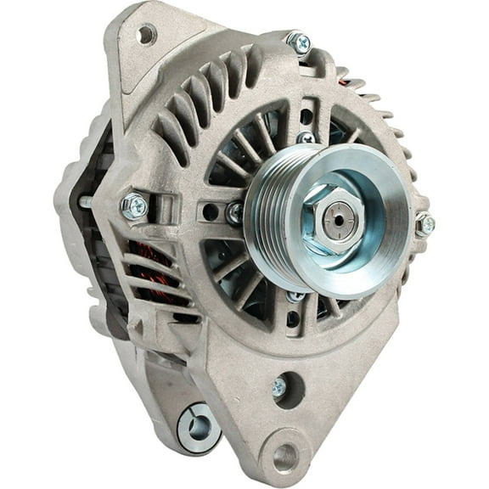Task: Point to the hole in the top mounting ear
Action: click(x=147, y=35)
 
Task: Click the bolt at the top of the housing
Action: click(x=298, y=41)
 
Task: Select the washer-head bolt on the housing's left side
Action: click(x=134, y=205)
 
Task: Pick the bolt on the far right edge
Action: click(x=424, y=224)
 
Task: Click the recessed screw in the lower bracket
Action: click(x=278, y=386)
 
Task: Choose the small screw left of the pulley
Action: click(x=234, y=213)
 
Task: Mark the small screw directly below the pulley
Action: click(x=295, y=296)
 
